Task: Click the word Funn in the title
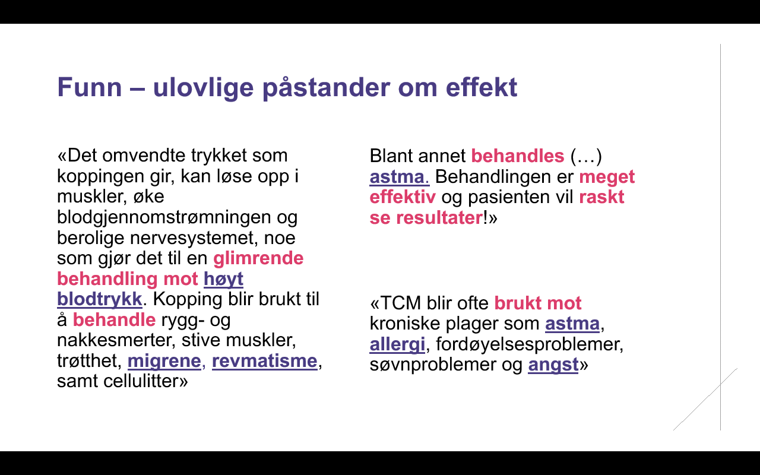point(89,87)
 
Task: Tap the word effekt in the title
point(481,87)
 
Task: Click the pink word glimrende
point(258,258)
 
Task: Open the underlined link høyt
point(223,279)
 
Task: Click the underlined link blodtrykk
point(99,299)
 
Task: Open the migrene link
point(164,360)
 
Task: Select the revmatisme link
point(265,360)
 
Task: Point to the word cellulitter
point(141,381)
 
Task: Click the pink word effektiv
point(403,197)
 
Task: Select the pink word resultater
point(439,217)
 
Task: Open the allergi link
point(397,344)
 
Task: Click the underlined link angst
point(553,365)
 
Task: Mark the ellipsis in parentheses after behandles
point(586,156)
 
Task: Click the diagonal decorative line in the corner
point(705,400)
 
